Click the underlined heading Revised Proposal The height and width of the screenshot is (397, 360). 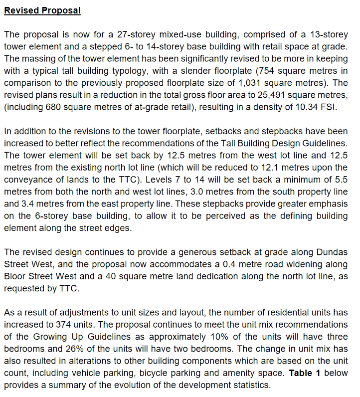pos(42,10)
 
